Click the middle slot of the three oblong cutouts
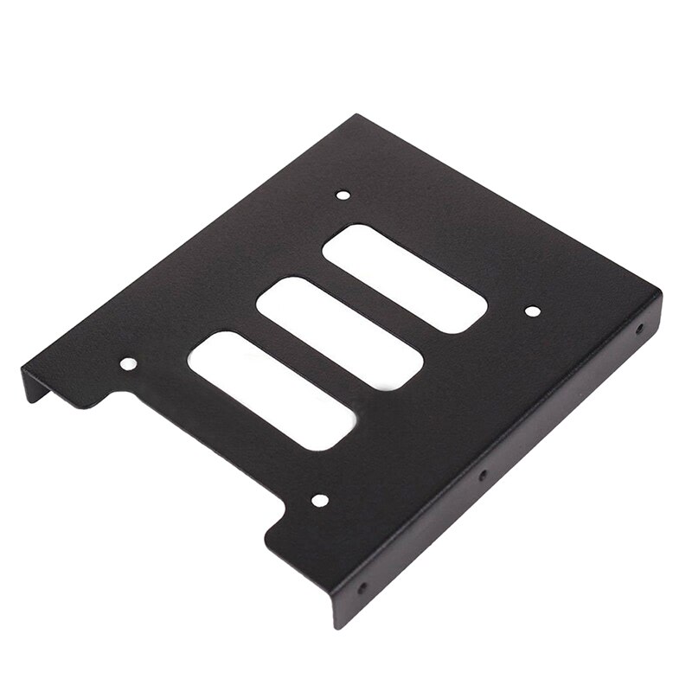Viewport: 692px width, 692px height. [339, 333]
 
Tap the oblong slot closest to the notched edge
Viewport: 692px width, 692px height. [272, 391]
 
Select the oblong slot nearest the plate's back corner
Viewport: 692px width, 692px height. [404, 278]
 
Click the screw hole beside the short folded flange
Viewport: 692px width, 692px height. [128, 364]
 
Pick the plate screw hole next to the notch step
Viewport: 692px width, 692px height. [319, 500]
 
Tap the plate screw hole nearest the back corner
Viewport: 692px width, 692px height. [343, 195]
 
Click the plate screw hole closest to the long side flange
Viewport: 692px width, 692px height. [532, 311]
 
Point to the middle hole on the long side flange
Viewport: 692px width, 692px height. [483, 475]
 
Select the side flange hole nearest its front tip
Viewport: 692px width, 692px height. [362, 588]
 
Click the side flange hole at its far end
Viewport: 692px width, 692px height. [639, 329]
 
